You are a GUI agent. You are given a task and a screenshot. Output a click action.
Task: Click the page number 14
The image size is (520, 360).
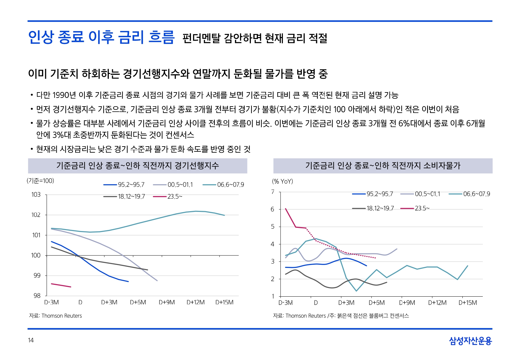click(31, 340)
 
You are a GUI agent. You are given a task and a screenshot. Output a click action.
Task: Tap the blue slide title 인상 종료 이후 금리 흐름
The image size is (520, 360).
click(101, 37)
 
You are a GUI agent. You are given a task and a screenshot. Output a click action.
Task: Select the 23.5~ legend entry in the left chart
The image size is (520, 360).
click(168, 196)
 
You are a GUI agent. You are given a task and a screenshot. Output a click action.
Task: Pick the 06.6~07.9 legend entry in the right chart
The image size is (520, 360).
click(469, 194)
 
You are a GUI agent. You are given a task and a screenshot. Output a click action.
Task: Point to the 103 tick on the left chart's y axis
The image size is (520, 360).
click(36, 195)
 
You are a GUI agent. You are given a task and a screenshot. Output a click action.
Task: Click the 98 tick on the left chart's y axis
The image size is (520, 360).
click(37, 295)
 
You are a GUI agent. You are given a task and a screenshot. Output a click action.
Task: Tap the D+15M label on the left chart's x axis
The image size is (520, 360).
click(224, 302)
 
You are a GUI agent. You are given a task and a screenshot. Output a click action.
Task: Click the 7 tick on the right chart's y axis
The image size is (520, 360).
click(273, 192)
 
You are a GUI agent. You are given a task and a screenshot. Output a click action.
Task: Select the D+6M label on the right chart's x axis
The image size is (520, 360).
click(377, 303)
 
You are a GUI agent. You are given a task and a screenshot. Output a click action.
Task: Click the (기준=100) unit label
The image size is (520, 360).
click(40, 180)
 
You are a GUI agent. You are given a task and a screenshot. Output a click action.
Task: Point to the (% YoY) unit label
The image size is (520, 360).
click(283, 181)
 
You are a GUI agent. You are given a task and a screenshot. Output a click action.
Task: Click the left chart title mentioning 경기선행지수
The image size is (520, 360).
click(137, 165)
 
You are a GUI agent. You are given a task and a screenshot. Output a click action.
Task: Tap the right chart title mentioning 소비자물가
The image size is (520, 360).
click(383, 165)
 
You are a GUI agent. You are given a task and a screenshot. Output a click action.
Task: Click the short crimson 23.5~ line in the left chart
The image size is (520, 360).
click(61, 285)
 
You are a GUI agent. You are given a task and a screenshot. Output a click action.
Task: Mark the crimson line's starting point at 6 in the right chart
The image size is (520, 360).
click(285, 208)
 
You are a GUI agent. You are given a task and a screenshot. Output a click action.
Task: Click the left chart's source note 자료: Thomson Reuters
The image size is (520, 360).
click(55, 316)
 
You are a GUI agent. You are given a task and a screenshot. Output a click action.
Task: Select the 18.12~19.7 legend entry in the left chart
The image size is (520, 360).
click(124, 196)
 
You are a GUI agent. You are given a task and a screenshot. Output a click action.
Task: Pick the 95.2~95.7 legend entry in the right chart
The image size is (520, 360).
click(372, 194)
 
